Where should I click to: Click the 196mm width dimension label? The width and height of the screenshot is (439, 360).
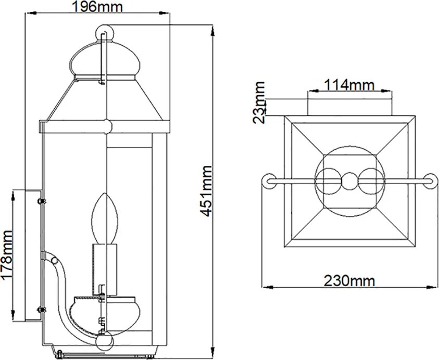click(x=97, y=6)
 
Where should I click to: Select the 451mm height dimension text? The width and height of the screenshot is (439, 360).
click(x=207, y=191)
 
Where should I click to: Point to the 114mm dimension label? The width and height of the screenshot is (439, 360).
click(x=349, y=85)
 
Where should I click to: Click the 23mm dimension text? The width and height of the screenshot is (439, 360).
click(x=258, y=102)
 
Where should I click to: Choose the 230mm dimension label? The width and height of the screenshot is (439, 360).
click(x=349, y=280)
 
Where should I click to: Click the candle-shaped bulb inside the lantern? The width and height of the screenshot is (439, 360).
click(x=105, y=218)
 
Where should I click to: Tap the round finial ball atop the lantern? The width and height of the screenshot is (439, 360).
click(x=105, y=33)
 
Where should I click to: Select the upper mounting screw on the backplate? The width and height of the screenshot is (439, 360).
click(x=42, y=201)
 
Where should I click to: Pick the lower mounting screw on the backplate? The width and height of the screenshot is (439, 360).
click(x=42, y=310)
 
